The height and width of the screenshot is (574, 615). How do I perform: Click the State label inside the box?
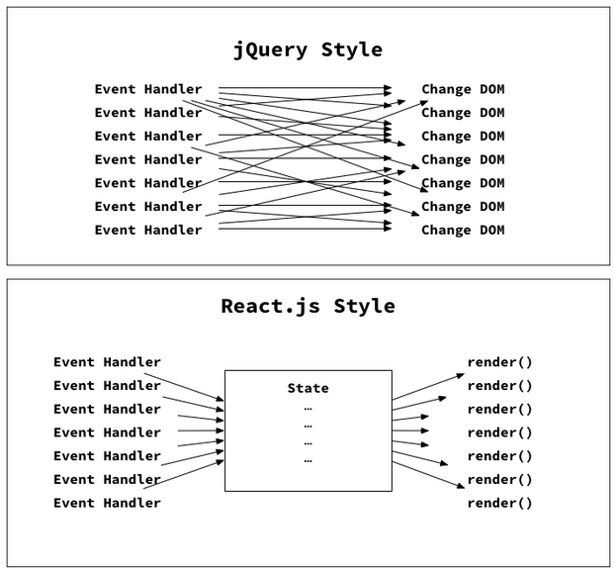(x=307, y=388)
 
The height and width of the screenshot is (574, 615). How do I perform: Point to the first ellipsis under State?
(x=307, y=408)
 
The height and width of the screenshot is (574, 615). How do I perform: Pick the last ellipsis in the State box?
(x=307, y=460)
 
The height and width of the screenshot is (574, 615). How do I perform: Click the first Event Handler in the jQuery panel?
(x=148, y=89)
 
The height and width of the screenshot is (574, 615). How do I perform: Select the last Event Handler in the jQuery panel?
(x=148, y=230)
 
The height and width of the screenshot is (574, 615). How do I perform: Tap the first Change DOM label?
(x=463, y=89)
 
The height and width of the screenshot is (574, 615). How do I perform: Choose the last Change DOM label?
(x=463, y=230)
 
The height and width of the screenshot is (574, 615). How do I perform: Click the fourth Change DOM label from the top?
(x=463, y=159)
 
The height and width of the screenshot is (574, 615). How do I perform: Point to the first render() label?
(x=499, y=362)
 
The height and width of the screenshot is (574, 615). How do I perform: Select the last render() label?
(x=499, y=503)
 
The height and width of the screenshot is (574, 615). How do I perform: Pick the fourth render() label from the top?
(x=499, y=432)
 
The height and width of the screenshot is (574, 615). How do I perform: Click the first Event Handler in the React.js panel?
(x=107, y=362)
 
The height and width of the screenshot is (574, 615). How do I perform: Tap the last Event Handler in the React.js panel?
(x=107, y=503)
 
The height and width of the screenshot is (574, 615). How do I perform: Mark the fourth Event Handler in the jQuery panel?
(x=148, y=159)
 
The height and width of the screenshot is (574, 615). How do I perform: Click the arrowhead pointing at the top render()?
(x=460, y=374)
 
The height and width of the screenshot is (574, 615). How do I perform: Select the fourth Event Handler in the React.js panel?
(x=107, y=432)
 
